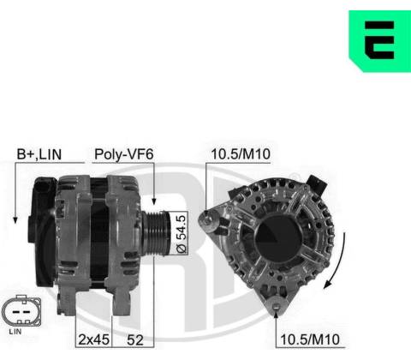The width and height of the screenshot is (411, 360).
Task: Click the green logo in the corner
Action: coord(380,41)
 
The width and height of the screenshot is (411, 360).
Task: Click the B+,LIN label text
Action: coord(39,154)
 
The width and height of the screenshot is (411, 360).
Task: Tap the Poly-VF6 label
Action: coord(124,154)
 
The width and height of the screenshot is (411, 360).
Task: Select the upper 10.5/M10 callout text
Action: coord(241,154)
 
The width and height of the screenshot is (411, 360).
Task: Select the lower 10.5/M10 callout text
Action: coord(310,339)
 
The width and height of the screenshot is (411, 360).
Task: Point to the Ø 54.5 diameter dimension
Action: coord(182,234)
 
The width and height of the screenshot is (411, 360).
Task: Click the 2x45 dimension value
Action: coord(93,339)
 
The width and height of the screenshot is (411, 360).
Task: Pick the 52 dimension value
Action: coord(135,340)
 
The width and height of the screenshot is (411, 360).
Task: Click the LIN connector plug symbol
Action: coord(21,311)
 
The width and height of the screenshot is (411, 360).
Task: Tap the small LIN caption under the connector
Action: coord(15,332)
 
